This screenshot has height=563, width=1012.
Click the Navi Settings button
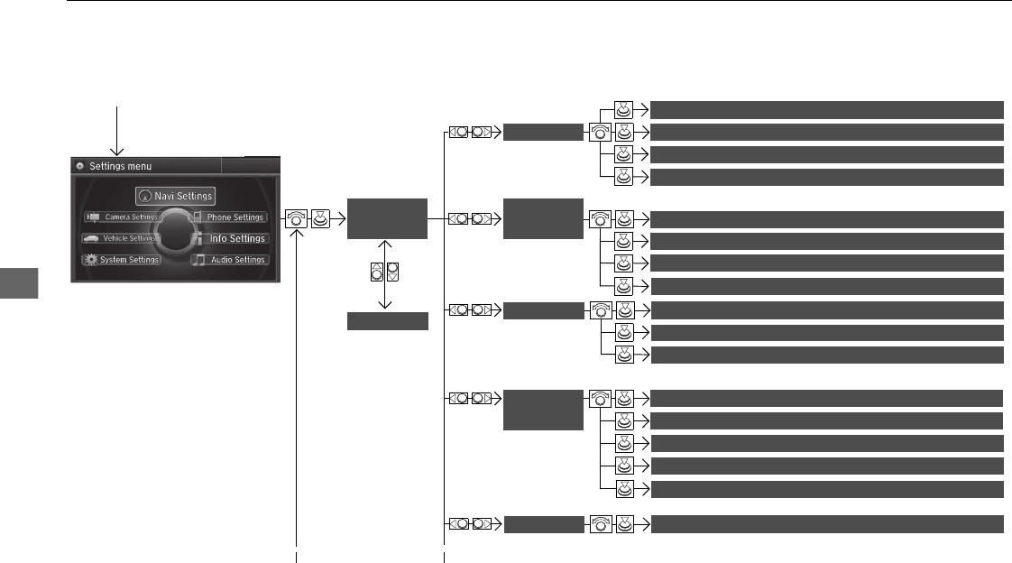[176, 196]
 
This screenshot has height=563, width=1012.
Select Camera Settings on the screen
[122, 217]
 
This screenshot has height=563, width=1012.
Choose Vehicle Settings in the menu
[122, 238]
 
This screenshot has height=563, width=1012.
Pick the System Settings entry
[122, 260]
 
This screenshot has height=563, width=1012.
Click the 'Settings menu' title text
[120, 166]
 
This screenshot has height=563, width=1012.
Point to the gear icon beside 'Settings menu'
[79, 166]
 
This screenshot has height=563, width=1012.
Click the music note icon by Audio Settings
[198, 260]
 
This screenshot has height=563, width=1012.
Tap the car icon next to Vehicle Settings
[91, 238]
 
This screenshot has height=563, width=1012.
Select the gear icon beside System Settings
[90, 260]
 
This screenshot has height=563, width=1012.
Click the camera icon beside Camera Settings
[92, 217]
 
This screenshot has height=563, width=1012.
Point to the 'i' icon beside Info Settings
[198, 238]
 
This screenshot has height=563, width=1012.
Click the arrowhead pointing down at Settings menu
[117, 150]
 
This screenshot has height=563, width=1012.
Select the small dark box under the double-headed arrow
[387, 321]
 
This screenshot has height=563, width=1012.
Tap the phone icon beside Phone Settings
[197, 217]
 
